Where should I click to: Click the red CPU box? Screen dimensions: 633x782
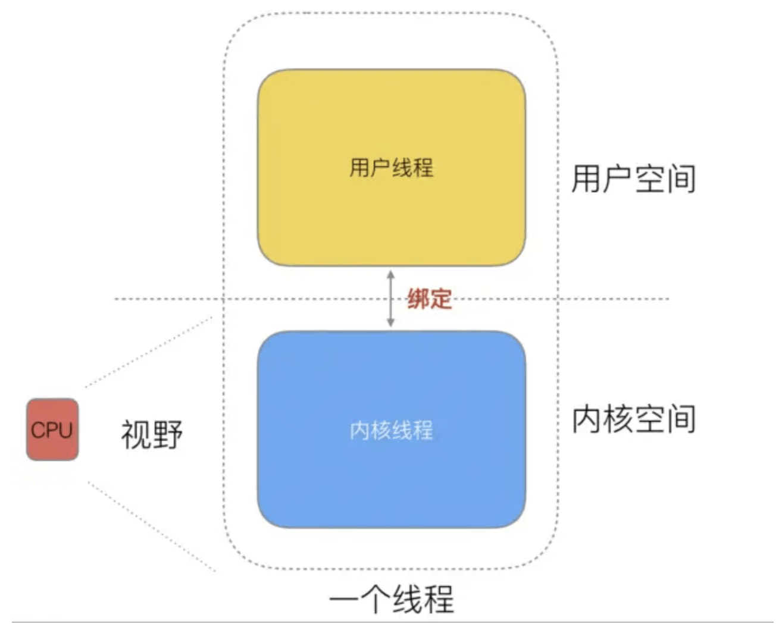click(52, 430)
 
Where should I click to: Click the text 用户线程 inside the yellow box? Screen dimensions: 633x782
click(391, 168)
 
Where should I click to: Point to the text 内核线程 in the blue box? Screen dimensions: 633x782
click(391, 430)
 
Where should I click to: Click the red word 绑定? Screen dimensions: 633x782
click(429, 299)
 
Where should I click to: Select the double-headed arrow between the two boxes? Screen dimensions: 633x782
click(391, 299)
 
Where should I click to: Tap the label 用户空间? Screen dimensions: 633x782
click(633, 178)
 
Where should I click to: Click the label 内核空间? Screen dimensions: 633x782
click(633, 419)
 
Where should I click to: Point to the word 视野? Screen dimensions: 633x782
click(152, 434)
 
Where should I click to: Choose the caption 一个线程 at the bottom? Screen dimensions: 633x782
click(391, 599)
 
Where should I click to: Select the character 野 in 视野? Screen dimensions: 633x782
click(167, 434)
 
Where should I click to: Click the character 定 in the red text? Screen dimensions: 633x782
click(440, 299)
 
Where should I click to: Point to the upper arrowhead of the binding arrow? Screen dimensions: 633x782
click(391, 274)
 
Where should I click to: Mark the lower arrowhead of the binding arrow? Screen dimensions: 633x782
click(391, 323)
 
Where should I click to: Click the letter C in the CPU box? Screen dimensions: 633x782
click(37, 430)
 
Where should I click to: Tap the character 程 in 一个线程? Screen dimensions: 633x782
click(439, 599)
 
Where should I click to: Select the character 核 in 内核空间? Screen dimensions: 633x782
click(618, 419)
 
